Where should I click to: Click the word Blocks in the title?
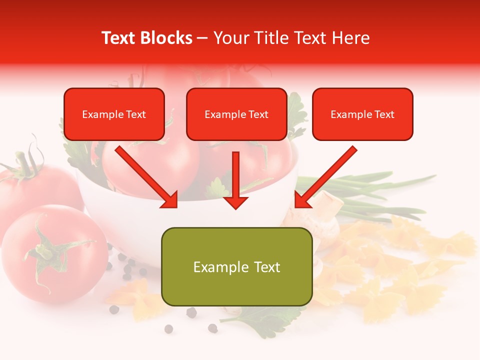tap(167, 38)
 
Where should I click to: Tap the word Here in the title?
tap(350, 38)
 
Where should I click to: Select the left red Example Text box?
tap(114, 114)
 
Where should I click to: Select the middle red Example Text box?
tap(236, 114)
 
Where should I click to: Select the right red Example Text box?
tap(362, 114)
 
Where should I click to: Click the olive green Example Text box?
tap(236, 266)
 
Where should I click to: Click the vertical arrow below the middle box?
tap(235, 177)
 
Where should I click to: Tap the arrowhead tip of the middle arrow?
tap(235, 207)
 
